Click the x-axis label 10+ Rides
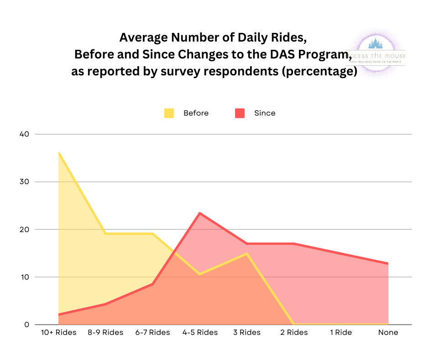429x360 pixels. [x=59, y=333]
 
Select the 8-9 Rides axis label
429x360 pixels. [x=105, y=333]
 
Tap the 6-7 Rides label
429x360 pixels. [x=153, y=333]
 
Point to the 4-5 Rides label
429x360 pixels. [x=200, y=333]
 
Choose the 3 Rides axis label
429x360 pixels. [x=247, y=333]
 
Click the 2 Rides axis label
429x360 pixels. [x=294, y=333]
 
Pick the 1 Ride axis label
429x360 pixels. [x=341, y=333]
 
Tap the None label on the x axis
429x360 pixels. [x=388, y=333]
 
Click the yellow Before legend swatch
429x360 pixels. [x=169, y=113]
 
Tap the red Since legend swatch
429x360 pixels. [x=240, y=113]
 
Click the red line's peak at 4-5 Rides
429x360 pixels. [x=200, y=213]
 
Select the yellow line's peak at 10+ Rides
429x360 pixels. [x=59, y=153]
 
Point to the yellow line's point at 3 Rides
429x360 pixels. [x=247, y=254]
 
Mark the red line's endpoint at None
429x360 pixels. [x=388, y=264]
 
